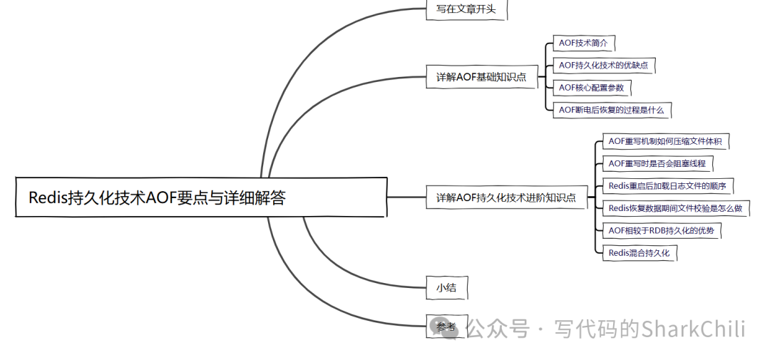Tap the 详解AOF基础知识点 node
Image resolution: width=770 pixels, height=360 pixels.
(x=481, y=77)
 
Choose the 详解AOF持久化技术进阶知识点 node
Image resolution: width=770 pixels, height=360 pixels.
(x=505, y=197)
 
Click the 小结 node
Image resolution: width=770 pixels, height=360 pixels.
(x=446, y=288)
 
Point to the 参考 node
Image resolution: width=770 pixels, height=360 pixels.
(x=446, y=327)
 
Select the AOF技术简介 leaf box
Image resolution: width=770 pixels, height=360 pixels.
(x=583, y=43)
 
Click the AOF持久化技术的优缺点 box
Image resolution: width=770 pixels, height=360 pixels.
(x=603, y=66)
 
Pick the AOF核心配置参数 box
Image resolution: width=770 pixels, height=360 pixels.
(x=591, y=88)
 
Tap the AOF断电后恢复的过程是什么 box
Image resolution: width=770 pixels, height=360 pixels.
(x=611, y=110)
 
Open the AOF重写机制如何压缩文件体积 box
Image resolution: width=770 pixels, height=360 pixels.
(x=664, y=142)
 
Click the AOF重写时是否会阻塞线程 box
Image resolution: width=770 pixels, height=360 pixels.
(x=657, y=164)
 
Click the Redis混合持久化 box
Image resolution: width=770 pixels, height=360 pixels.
(x=638, y=252)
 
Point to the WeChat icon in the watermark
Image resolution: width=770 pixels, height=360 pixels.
(x=451, y=330)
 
